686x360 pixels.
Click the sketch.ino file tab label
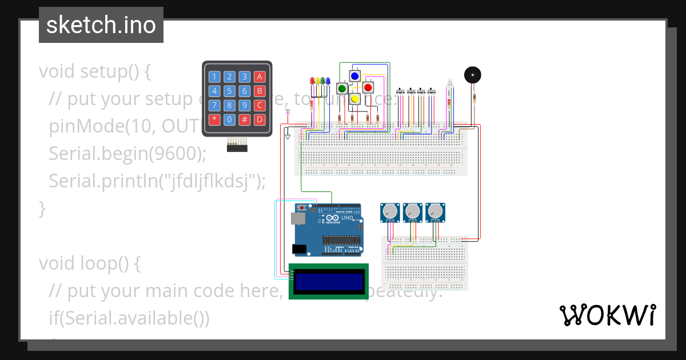101,25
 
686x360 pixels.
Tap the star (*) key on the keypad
214,119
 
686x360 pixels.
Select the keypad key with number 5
229,91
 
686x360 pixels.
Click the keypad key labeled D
260,119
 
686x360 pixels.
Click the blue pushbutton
354,75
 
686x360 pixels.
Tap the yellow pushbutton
354,99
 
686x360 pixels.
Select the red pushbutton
368,87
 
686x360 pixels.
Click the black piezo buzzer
472,75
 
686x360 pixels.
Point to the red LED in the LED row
312,81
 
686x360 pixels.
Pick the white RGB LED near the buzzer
449,83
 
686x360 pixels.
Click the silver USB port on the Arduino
297,218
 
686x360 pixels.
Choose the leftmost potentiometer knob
390,211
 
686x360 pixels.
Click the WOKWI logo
607,315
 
